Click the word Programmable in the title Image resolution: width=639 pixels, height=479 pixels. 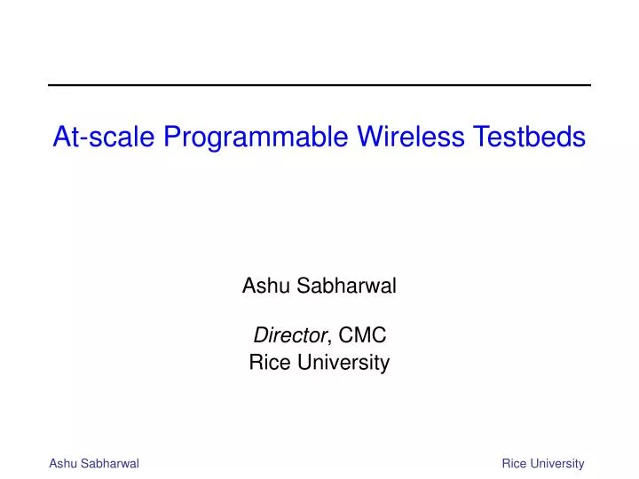[256, 137]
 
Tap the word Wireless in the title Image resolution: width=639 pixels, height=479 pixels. [411, 136]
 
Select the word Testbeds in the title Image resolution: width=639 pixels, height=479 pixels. [529, 136]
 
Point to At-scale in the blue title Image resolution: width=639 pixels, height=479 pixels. [104, 136]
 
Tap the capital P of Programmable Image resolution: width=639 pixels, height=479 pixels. [172, 136]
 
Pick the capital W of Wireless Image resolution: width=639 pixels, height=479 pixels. [372, 136]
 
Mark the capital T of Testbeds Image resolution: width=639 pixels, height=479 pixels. [481, 136]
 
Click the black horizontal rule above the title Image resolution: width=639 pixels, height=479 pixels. [319, 85]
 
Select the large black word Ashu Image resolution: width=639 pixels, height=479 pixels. [266, 285]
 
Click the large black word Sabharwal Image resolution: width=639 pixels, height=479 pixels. [346, 285]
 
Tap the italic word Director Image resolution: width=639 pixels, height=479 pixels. [290, 335]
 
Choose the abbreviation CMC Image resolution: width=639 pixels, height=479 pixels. [362, 335]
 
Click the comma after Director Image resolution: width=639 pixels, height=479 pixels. [329, 342]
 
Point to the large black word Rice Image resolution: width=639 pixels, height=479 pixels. [270, 362]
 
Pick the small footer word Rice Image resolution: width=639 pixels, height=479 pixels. [514, 464]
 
